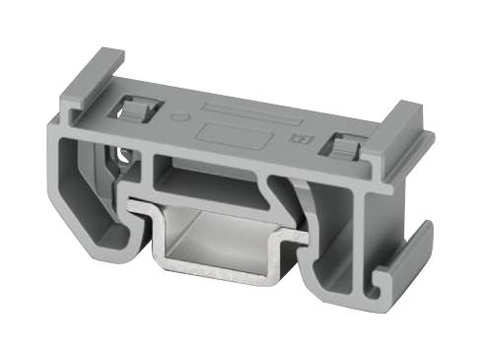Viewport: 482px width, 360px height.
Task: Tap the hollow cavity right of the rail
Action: [x=335, y=232]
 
